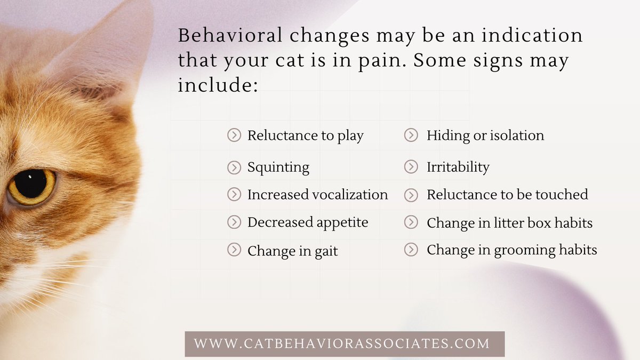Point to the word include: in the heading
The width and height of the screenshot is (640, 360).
pyautogui.click(x=218, y=85)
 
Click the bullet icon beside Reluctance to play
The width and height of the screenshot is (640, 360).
pyautogui.click(x=234, y=135)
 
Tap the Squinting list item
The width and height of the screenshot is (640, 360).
pyautogui.click(x=278, y=167)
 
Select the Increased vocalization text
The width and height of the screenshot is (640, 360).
pyautogui.click(x=317, y=195)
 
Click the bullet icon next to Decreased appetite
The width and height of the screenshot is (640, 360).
pyautogui.click(x=234, y=222)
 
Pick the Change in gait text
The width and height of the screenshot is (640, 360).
pyautogui.click(x=292, y=251)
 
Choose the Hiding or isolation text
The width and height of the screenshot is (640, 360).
pyautogui.click(x=485, y=135)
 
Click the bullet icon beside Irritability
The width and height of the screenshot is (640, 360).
pyautogui.click(x=411, y=167)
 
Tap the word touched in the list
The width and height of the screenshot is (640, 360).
pyautogui.click(x=564, y=195)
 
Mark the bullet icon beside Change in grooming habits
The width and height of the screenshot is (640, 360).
pyautogui.click(x=411, y=250)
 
